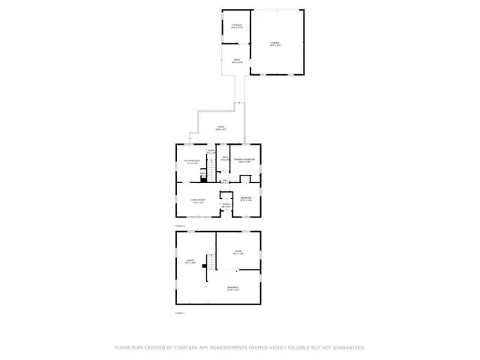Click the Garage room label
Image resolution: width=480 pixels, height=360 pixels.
click(x=274, y=43)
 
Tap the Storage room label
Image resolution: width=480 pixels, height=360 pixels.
click(x=237, y=26)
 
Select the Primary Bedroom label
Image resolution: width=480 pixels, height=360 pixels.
click(x=244, y=160)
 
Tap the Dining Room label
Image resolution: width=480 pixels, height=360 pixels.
click(x=199, y=202)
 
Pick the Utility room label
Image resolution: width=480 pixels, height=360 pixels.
click(x=190, y=262)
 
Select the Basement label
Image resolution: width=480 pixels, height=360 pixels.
click(x=233, y=289)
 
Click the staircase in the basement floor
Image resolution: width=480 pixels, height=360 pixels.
click(x=212, y=263)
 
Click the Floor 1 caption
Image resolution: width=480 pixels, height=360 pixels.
click(x=179, y=313)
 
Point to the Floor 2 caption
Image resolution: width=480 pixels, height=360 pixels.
click(x=179, y=224)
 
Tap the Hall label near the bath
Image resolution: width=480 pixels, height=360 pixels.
click(x=223, y=181)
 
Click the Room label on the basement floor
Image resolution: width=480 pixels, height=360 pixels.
click(x=237, y=252)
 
